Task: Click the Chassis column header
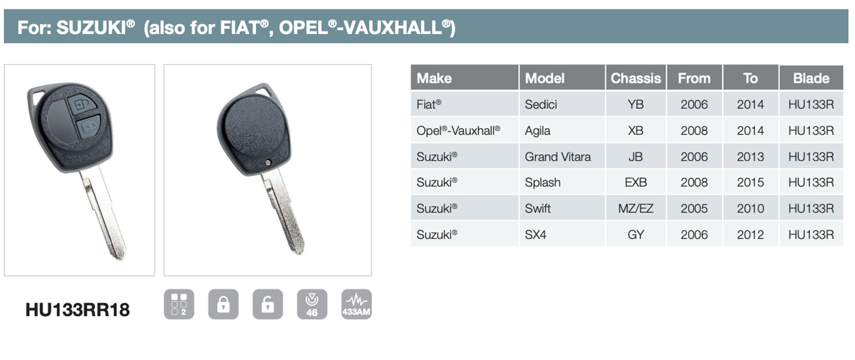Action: (635, 78)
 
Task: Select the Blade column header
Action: (811, 78)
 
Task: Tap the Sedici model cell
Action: (562, 104)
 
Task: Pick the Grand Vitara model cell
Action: (562, 156)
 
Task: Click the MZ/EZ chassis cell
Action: (635, 208)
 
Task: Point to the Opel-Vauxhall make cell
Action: (464, 130)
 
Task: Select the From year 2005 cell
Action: (694, 208)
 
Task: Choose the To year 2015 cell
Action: (750, 182)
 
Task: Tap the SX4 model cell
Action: (562, 234)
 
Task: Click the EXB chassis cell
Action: (635, 182)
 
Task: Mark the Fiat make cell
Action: (464, 104)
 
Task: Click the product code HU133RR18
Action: (77, 310)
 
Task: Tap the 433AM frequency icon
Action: (356, 305)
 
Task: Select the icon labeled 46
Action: (312, 305)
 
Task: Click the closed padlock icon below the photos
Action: (223, 305)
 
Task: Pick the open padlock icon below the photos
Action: (268, 305)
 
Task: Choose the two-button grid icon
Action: (179, 305)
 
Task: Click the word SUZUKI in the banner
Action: (92, 27)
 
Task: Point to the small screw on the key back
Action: (268, 163)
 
